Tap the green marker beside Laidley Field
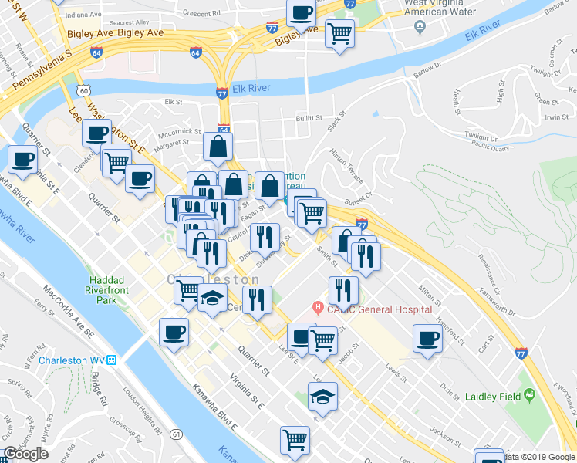click(x=530, y=395)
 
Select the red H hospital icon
click(x=315, y=309)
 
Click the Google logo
click(x=26, y=454)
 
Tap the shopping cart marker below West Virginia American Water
click(x=339, y=32)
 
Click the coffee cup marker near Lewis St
click(x=427, y=337)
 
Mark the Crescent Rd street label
click(x=203, y=13)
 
